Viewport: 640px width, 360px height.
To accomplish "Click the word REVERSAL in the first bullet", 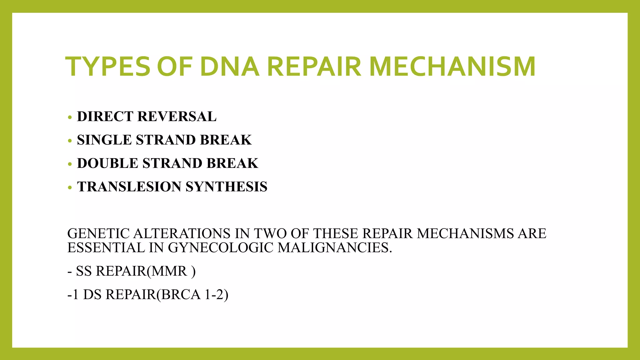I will [x=177, y=117].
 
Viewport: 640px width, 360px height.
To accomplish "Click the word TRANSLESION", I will [x=129, y=187].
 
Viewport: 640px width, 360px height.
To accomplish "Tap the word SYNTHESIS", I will [x=227, y=187].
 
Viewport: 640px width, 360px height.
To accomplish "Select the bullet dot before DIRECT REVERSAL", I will [x=70, y=117].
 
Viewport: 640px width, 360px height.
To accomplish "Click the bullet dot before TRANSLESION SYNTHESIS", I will [x=70, y=188].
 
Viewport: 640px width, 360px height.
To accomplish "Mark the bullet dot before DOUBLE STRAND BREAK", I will [x=70, y=164].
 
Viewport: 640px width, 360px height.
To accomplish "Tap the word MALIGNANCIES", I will [x=335, y=248].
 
